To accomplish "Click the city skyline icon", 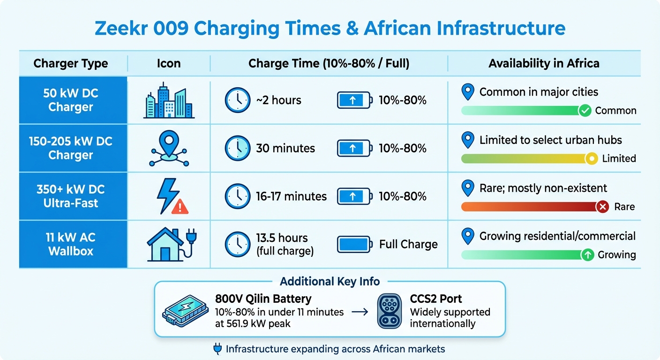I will (x=169, y=100).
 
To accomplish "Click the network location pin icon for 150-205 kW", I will (x=169, y=148).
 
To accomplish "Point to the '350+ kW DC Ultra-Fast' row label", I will (x=71, y=196).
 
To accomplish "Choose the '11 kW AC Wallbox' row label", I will (x=71, y=244).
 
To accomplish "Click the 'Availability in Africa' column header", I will (x=544, y=63).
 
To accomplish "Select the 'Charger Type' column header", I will (x=71, y=63).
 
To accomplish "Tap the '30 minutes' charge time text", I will (x=285, y=149).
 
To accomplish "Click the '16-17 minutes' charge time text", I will (x=291, y=196).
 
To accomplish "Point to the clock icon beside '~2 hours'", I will (x=238, y=100).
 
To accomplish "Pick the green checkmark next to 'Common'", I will (x=585, y=111).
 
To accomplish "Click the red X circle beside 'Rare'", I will (x=602, y=206).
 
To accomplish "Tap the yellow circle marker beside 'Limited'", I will (x=592, y=158).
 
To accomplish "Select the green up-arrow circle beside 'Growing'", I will (x=587, y=255).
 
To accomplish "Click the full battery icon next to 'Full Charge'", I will (x=354, y=244).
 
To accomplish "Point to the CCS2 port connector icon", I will (x=390, y=310).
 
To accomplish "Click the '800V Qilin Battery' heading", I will (x=263, y=299).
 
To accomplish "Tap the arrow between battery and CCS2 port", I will (x=360, y=311).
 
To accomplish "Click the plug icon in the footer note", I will (x=217, y=349).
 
